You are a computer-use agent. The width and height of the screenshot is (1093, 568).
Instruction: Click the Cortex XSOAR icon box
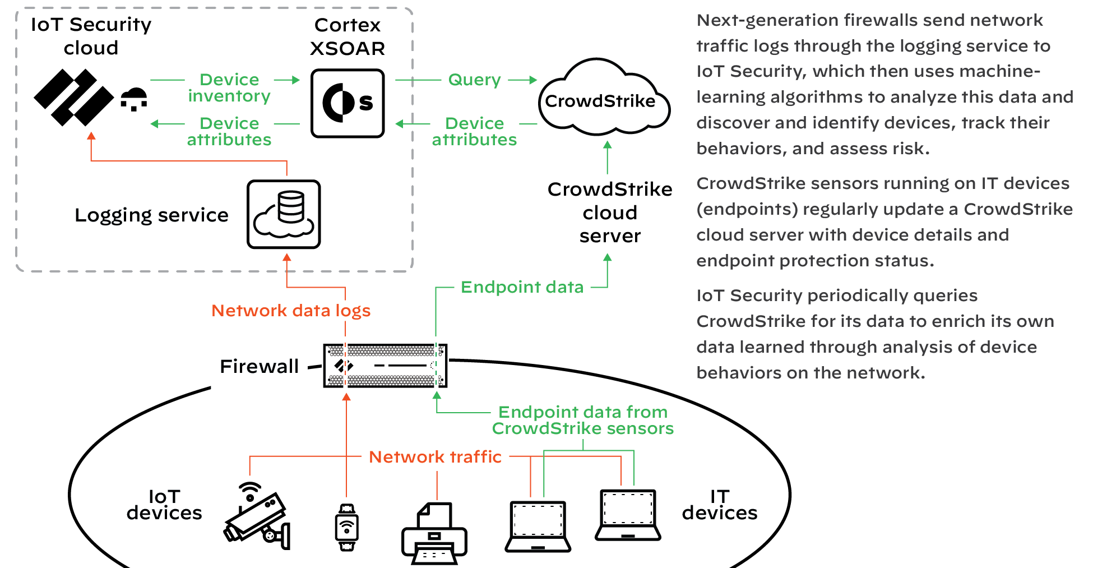click(348, 103)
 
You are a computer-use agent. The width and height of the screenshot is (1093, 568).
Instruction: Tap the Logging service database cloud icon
click(284, 214)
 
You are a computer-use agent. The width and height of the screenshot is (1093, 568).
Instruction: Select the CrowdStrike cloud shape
click(603, 100)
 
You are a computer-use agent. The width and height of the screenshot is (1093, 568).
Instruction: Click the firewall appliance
click(385, 366)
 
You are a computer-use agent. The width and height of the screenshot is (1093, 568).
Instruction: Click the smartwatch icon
click(347, 527)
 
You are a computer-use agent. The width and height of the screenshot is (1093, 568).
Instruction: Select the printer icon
click(434, 534)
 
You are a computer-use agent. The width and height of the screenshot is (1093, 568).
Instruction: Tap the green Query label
click(474, 80)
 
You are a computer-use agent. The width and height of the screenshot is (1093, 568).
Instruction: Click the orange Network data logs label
click(291, 311)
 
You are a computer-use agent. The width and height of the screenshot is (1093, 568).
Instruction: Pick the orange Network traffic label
click(435, 457)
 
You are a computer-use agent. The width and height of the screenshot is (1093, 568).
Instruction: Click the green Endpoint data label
click(522, 287)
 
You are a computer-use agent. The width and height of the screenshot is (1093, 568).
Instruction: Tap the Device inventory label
click(229, 87)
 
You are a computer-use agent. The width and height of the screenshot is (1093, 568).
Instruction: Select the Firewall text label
click(259, 366)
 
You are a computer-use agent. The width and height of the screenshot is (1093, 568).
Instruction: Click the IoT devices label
click(164, 505)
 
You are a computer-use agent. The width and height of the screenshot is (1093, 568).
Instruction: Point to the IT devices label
click(720, 505)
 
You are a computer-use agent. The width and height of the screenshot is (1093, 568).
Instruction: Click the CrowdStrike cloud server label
click(610, 213)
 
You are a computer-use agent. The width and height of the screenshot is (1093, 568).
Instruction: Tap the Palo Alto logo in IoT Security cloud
click(73, 98)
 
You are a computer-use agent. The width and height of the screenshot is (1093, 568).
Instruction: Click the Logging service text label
click(151, 215)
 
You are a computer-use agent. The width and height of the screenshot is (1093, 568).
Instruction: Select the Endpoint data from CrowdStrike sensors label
click(583, 420)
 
